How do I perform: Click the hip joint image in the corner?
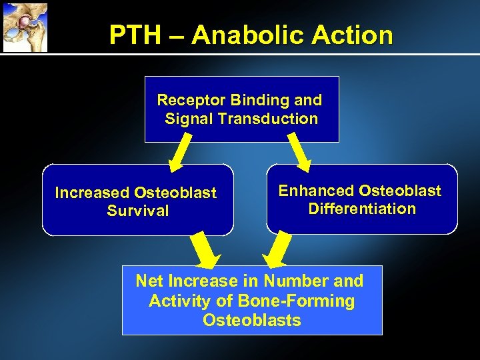[24, 27]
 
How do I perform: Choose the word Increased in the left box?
[92, 193]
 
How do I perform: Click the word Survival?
[138, 211]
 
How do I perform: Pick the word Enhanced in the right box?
[316, 191]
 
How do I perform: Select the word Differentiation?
[362, 209]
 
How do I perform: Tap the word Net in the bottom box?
[149, 281]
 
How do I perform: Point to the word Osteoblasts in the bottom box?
[252, 321]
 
